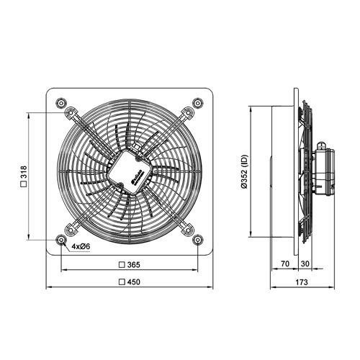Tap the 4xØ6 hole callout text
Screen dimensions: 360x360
coord(80,246)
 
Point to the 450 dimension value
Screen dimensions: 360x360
coord(133,282)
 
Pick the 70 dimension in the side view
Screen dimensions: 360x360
coord(285,265)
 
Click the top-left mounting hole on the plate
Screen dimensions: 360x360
coord(59,100)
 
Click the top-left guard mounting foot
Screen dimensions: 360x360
coord(72,112)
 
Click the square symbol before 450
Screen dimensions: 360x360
coord(121,282)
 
